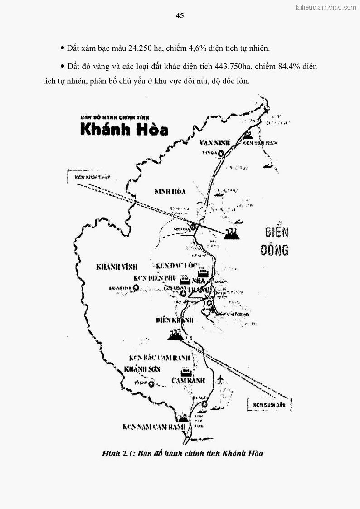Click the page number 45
point(180,15)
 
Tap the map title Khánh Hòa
point(124,129)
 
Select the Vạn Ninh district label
point(214,143)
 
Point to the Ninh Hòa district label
point(170,192)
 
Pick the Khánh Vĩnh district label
point(117,267)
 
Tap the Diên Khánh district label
point(175,320)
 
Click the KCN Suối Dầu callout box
point(269,405)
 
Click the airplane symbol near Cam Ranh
point(221,378)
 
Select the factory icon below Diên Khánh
point(175,335)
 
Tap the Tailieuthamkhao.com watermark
point(325,7)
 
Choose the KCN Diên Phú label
point(154,278)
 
